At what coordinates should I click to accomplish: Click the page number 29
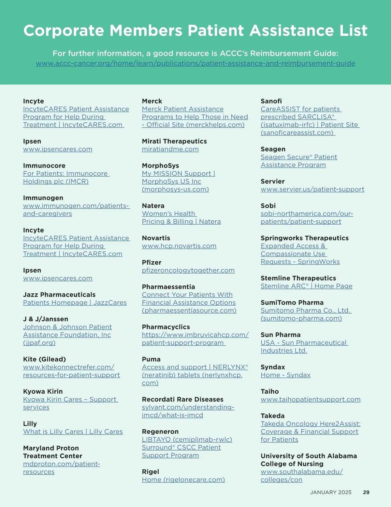[x=366, y=492]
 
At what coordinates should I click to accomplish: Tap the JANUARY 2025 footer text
[x=331, y=492]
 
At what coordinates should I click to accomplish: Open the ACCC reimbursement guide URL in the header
[x=195, y=63]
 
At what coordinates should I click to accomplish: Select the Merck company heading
[x=152, y=101]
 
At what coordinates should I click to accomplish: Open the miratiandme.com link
[x=170, y=149]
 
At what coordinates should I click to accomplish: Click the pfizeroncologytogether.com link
[x=188, y=270]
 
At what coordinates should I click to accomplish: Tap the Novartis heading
[x=156, y=238]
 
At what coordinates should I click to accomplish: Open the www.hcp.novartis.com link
[x=179, y=246]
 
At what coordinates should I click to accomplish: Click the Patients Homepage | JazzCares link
[x=75, y=303]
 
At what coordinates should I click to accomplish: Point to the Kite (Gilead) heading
[x=44, y=359]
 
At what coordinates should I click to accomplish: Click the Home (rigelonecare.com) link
[x=183, y=480]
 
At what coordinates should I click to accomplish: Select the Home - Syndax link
[x=285, y=375]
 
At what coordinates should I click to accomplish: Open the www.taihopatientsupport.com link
[x=310, y=399]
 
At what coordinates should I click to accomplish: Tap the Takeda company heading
[x=272, y=416]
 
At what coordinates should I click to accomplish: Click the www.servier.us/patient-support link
[x=312, y=189]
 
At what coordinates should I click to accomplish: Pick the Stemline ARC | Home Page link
[x=306, y=286]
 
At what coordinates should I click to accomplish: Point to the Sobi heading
[x=268, y=206]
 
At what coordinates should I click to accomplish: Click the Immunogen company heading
[x=43, y=198]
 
